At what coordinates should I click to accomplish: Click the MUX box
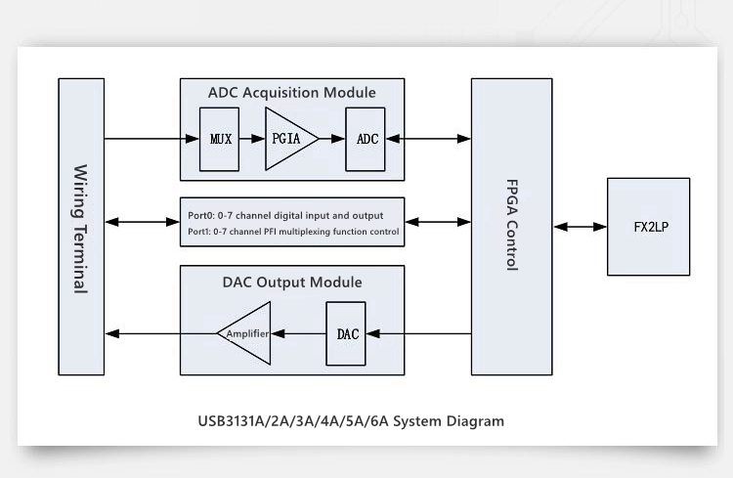[219, 139]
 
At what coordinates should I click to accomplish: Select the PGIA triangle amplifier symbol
[286, 139]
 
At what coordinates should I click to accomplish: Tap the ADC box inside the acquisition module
[366, 139]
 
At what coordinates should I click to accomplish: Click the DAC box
[347, 333]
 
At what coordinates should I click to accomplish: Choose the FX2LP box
[648, 227]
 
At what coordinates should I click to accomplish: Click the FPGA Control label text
[511, 227]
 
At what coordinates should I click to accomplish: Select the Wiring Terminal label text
[80, 227]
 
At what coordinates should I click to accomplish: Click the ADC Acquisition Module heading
[291, 93]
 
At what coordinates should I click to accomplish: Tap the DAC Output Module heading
[291, 282]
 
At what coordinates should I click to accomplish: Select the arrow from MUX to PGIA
[251, 139]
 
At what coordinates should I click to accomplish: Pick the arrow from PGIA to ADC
[332, 139]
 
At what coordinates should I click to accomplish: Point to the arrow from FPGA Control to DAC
[419, 333]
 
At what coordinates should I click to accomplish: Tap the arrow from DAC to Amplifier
[298, 333]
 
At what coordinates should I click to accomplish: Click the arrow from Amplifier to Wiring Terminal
[160, 333]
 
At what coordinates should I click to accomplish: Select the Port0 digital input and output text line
[285, 215]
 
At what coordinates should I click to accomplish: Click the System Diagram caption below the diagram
[350, 422]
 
